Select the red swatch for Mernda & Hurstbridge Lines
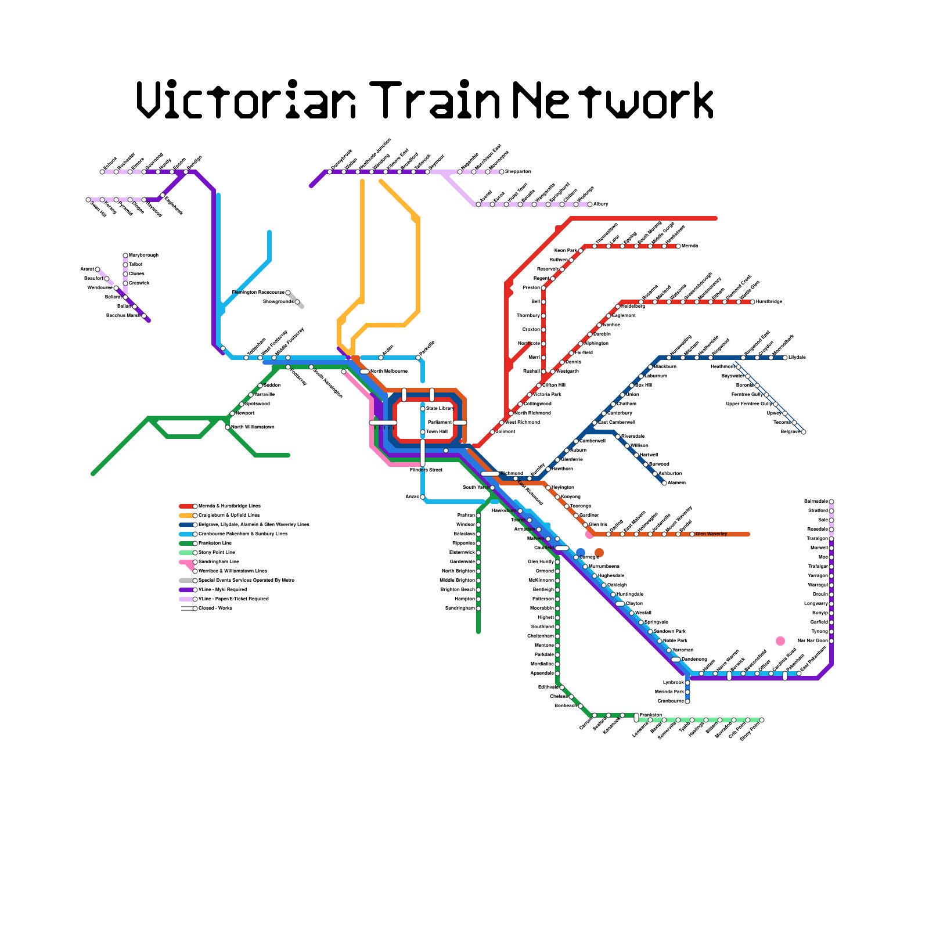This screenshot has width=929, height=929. tap(186, 506)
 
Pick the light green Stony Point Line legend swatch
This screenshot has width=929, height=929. tap(186, 553)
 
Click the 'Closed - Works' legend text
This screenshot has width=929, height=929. tap(215, 608)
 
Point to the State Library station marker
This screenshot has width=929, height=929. tap(423, 409)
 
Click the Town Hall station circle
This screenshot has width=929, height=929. tap(423, 432)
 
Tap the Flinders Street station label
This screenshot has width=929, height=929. tap(426, 469)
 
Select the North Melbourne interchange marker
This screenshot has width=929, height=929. tap(364, 372)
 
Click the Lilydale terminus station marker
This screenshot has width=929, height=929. tap(785, 358)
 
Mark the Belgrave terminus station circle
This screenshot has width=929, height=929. tap(804, 432)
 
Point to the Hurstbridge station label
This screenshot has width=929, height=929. tap(769, 302)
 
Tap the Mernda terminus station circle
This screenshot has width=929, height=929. tap(678, 246)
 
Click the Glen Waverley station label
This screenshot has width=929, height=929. tap(711, 534)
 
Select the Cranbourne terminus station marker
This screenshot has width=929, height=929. tap(687, 701)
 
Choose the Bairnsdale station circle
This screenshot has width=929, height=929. tap(831, 502)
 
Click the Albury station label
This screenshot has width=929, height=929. tap(600, 204)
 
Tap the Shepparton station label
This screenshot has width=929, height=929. tap(518, 172)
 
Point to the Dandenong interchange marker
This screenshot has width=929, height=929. tap(675, 660)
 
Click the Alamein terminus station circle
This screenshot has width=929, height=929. tap(664, 483)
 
